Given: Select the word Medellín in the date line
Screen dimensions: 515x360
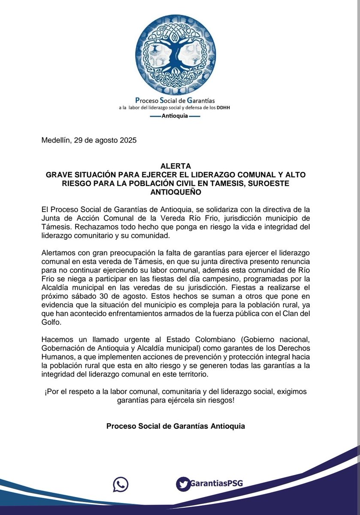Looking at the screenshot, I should pyautogui.click(x=57, y=140).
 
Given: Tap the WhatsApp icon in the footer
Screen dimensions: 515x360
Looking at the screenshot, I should pyautogui.click(x=121, y=484).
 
